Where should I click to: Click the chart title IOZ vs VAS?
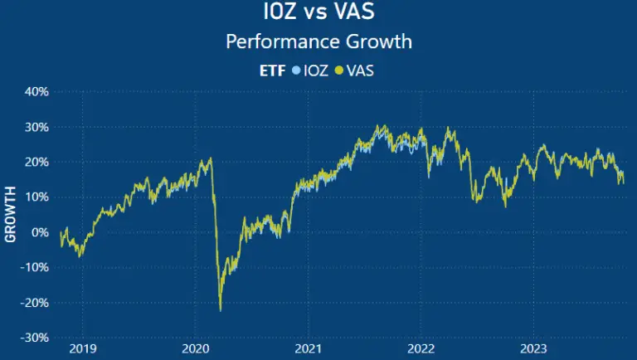[318, 14]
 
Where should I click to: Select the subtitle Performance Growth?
[318, 41]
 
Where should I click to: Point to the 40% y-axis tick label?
[36, 91]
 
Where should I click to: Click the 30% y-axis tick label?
[36, 127]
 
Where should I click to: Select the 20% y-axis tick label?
[36, 162]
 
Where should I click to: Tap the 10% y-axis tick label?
[36, 197]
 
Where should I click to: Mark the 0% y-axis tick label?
[39, 232]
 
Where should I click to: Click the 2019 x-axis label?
[82, 349]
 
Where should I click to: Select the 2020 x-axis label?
[195, 349]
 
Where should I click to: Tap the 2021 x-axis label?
[308, 349]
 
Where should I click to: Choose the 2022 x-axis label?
[421, 349]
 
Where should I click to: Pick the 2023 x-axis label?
[533, 349]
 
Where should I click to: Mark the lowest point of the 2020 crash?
[221, 311]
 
